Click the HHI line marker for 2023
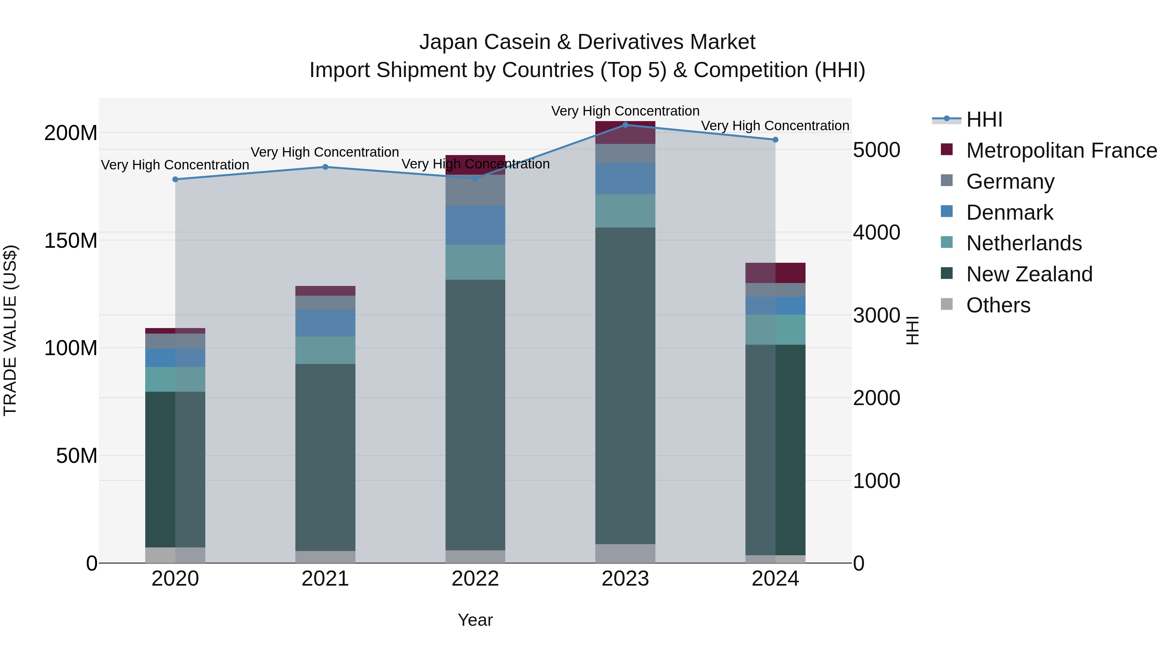pyautogui.click(x=625, y=125)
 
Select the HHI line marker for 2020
pyautogui.click(x=175, y=179)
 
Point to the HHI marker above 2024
pyautogui.click(x=775, y=140)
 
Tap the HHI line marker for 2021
pyautogui.click(x=325, y=167)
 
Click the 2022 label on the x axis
pyautogui.click(x=475, y=579)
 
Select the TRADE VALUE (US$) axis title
pyautogui.click(x=10, y=330)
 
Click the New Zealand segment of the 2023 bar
pyautogui.click(x=625, y=386)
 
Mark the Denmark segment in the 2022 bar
pyautogui.click(x=475, y=225)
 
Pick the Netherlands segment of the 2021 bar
pyautogui.click(x=325, y=350)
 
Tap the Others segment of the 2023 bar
pyautogui.click(x=625, y=553)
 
